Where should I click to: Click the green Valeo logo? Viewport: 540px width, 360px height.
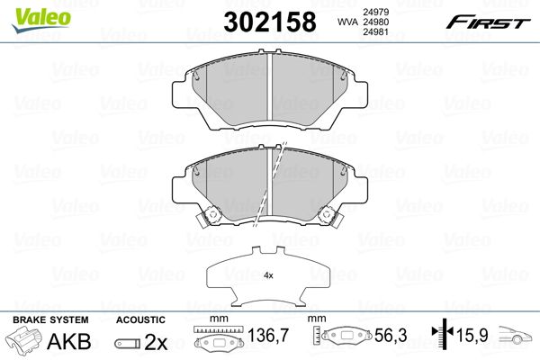coord(41,19)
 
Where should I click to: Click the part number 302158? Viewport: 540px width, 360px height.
coord(270,22)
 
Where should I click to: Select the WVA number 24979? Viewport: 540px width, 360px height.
coord(375,12)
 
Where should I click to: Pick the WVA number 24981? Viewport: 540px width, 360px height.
coord(375,32)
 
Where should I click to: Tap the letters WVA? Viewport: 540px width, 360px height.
coord(347,22)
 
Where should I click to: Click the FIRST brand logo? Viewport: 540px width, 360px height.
coord(488,22)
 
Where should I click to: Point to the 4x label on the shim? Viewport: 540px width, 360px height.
coord(268,275)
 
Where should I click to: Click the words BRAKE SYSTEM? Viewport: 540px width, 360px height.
coord(50,320)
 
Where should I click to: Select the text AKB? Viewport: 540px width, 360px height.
coord(69,341)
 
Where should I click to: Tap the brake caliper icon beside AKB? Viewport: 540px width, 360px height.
coord(23,339)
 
